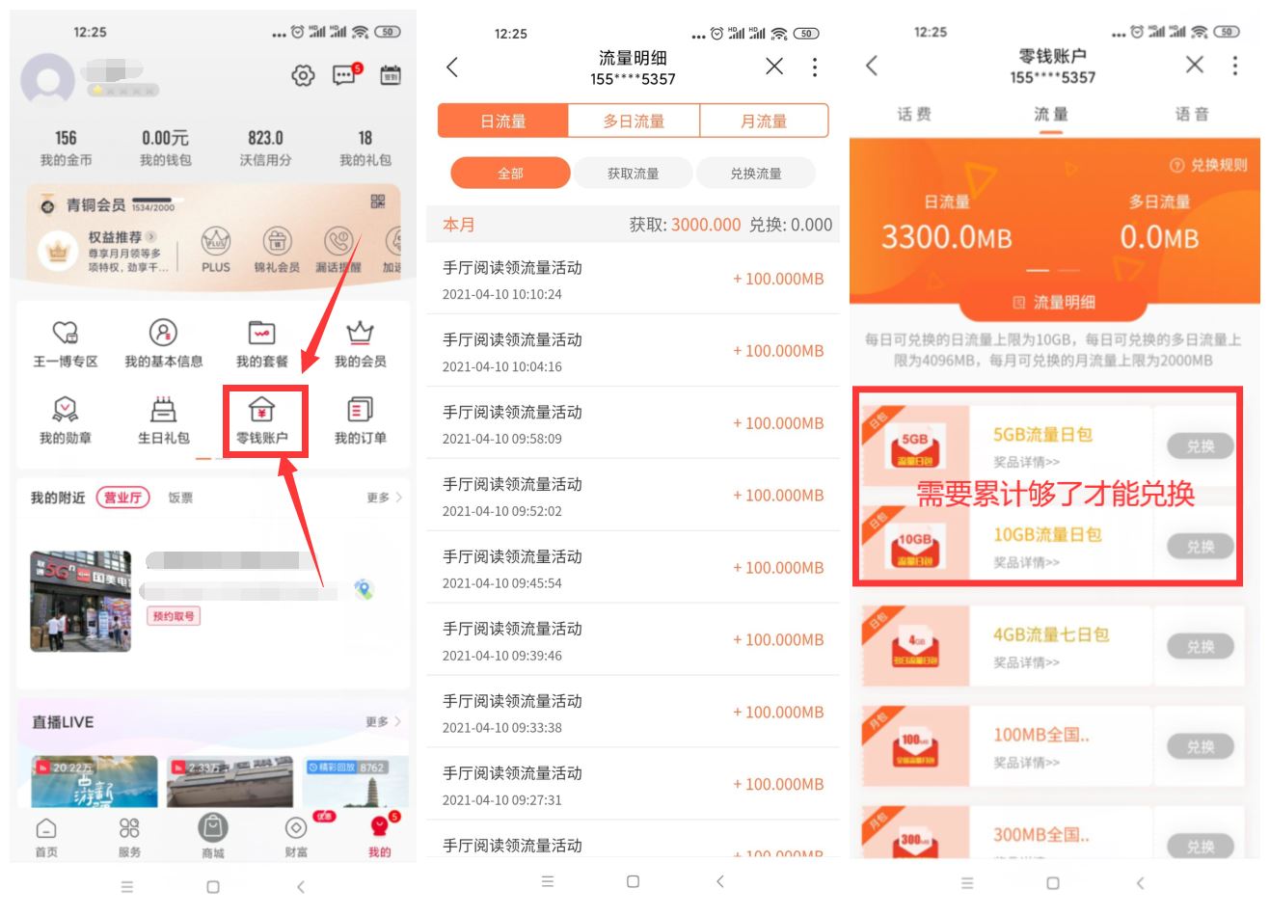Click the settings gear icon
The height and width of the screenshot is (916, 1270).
[x=303, y=75]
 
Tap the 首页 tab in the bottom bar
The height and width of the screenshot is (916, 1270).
[x=46, y=836]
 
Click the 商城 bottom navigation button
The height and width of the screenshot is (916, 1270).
[x=212, y=834]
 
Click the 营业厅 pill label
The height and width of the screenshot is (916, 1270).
[x=122, y=498]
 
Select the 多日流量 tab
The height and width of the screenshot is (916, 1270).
[x=634, y=121]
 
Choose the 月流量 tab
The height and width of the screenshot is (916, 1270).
[x=763, y=121]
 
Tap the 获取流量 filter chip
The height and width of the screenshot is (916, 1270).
[x=633, y=174]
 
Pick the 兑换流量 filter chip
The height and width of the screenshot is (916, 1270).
[x=755, y=174]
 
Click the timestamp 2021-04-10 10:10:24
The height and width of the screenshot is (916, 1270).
[x=501, y=294]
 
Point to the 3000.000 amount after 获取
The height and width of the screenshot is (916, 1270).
[x=705, y=225]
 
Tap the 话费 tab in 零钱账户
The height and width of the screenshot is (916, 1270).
[x=913, y=115]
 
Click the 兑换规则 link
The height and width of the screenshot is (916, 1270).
[x=1210, y=165]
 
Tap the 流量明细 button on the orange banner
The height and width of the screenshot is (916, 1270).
[x=1054, y=303]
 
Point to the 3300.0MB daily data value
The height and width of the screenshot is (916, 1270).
[x=946, y=237]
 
